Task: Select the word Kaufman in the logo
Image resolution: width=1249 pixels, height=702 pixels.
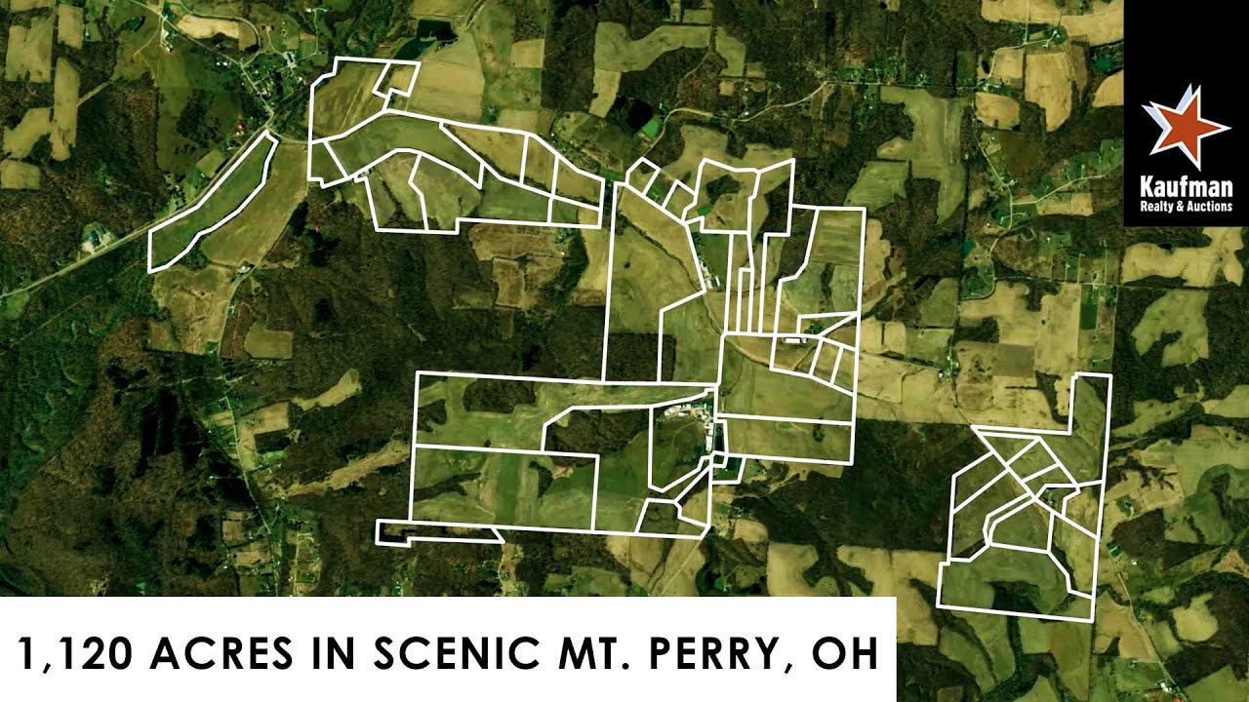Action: tap(1187, 187)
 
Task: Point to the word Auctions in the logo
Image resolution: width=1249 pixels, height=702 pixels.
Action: tap(1208, 207)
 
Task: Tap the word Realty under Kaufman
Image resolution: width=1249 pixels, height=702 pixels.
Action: tap(1154, 207)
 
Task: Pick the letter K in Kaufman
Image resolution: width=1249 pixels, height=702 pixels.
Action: tap(1146, 187)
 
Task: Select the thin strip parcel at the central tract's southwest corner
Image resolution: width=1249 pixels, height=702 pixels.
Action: tap(439, 532)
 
